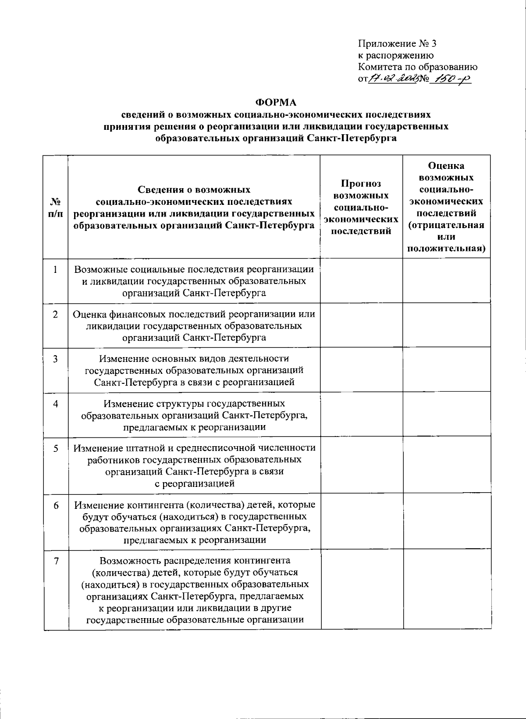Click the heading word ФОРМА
(276, 103)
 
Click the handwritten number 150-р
(449, 79)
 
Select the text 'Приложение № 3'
(397, 44)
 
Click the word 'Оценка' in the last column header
(446, 166)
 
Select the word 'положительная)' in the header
(446, 249)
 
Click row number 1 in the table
(55, 270)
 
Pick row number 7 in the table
(55, 561)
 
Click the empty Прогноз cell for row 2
(361, 326)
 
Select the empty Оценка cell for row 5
(446, 465)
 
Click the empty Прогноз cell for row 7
(361, 589)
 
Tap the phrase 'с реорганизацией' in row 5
(195, 483)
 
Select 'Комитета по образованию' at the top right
(418, 67)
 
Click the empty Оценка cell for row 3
(446, 370)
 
